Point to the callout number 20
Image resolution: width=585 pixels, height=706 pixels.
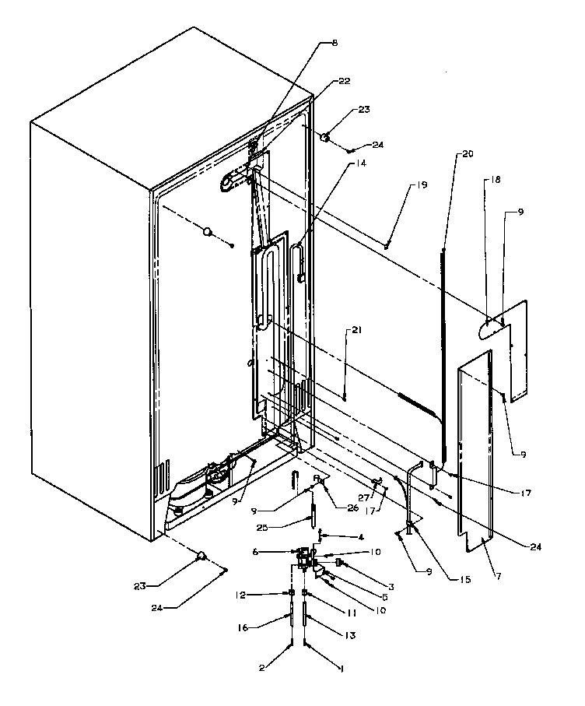pos(467,153)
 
